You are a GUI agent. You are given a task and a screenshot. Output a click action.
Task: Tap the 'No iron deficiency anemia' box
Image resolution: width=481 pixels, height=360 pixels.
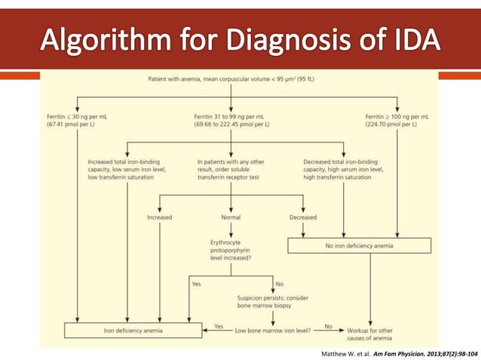point(360,245)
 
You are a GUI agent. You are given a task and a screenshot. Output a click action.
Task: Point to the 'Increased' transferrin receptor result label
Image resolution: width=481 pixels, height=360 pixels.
point(159,217)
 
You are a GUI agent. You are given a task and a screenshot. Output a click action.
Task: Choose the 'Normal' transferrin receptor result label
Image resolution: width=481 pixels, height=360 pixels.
point(229,217)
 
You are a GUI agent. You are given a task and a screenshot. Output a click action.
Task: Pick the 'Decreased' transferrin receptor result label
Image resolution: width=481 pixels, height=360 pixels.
point(302,217)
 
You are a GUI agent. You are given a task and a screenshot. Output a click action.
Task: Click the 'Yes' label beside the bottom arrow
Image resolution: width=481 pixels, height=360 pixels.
point(219,325)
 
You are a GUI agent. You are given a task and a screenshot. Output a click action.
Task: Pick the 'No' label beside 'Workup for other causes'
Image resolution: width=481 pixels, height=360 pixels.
point(328,325)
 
